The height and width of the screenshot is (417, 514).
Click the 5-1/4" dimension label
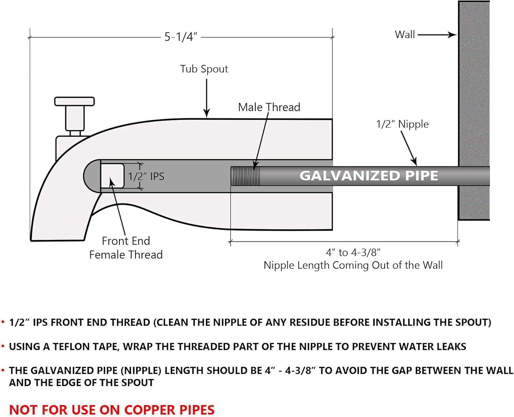click(181, 37)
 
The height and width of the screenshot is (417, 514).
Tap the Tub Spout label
click(204, 69)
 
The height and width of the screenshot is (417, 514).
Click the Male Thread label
click(269, 107)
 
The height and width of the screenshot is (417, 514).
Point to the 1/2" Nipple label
click(402, 124)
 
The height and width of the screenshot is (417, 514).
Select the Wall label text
click(405, 35)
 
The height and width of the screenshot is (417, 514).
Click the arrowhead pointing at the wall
click(453, 35)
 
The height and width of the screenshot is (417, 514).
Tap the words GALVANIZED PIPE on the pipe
click(369, 176)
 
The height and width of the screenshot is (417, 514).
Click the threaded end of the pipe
click(245, 176)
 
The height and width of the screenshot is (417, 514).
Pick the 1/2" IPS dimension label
click(146, 176)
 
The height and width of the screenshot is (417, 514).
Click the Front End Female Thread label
click(126, 248)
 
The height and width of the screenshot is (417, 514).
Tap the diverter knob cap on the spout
click(74, 101)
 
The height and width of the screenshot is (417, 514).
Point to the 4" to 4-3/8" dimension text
click(353, 253)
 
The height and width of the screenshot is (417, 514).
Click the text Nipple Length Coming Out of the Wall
click(353, 265)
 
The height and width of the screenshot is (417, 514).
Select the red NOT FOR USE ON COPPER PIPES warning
click(112, 410)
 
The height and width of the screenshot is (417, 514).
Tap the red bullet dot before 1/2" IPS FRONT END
click(3, 322)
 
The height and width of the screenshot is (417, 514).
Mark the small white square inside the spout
click(112, 176)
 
